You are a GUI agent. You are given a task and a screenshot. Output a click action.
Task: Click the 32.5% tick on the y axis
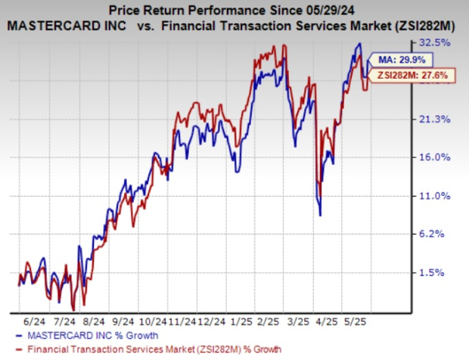point(441,42)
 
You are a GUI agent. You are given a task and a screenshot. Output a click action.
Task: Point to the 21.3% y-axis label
point(441,119)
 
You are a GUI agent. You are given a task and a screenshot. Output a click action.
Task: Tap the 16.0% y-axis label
point(441,157)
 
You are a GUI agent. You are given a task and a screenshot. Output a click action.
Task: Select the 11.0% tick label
point(441,196)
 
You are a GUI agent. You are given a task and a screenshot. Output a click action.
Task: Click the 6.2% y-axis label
point(443,234)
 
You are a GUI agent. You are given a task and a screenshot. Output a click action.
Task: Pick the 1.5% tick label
point(443,273)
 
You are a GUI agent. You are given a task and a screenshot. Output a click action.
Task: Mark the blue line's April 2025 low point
point(321,216)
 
